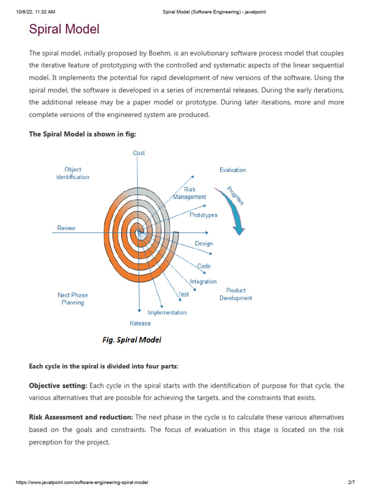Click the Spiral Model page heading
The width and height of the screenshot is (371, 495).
(x=64, y=29)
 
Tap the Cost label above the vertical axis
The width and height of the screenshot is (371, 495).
(x=139, y=153)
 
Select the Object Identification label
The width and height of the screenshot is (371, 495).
(x=72, y=174)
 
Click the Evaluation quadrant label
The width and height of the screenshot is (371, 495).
(x=232, y=170)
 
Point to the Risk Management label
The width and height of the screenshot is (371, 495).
(x=189, y=193)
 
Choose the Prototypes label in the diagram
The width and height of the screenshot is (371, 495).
(x=203, y=215)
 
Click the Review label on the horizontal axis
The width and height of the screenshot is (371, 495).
(x=66, y=228)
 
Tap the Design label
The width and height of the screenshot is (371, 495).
(x=203, y=244)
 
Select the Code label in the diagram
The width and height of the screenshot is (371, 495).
(x=203, y=266)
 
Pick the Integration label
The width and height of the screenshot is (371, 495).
(x=203, y=281)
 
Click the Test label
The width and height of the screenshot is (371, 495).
(x=184, y=294)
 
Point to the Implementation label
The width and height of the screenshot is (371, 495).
(x=167, y=312)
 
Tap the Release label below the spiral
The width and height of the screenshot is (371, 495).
(x=140, y=323)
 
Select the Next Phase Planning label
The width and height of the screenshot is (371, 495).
(x=72, y=299)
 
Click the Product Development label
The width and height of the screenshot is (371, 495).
(x=236, y=294)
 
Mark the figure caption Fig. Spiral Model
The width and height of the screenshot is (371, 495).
(x=131, y=340)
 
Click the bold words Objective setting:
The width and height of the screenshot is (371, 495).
(x=58, y=386)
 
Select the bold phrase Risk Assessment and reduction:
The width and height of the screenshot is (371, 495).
(x=81, y=417)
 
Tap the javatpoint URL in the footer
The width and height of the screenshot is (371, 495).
(x=82, y=482)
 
